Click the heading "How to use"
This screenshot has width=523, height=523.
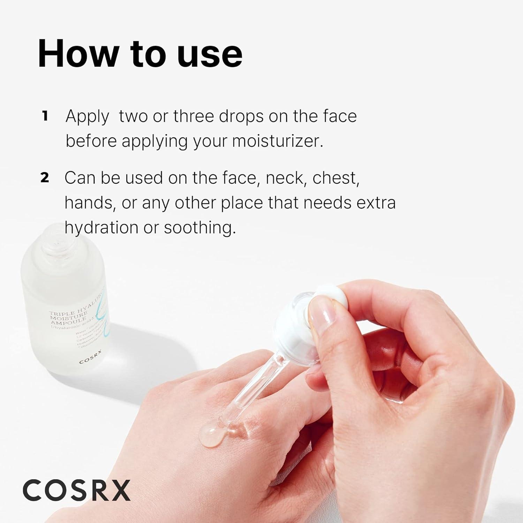coord(140,54)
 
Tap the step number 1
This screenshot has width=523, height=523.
coord(45,116)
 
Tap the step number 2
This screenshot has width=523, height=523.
coord(45,178)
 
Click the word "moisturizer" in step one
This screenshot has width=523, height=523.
coord(277,141)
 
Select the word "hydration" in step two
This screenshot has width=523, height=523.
coord(101,228)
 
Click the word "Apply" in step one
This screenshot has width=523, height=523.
coord(87,117)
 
